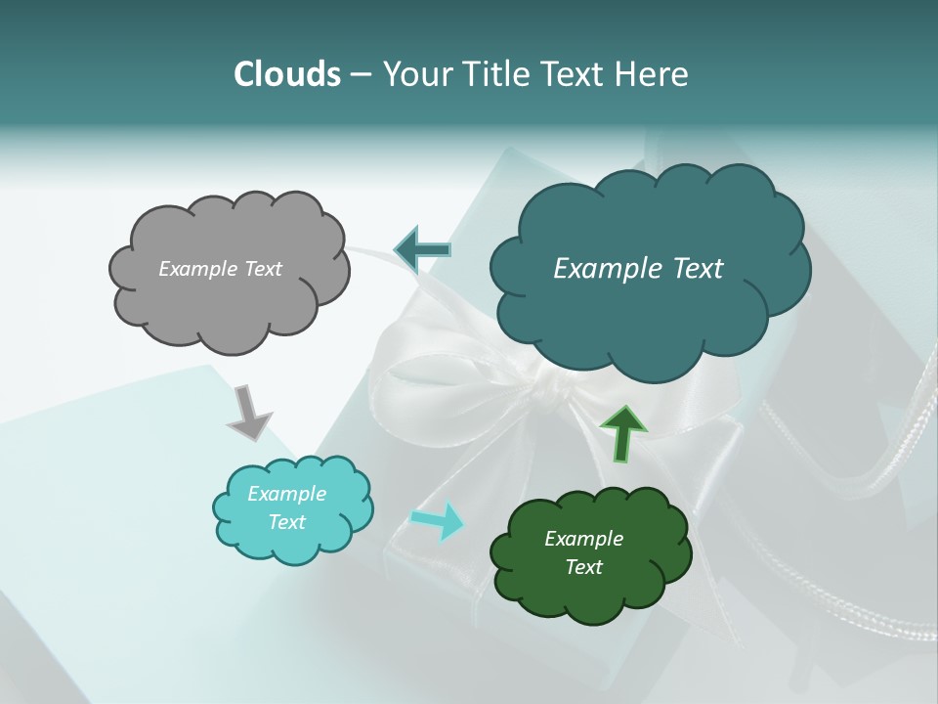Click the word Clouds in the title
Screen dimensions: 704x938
tap(286, 74)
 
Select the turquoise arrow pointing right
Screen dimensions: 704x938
tap(437, 520)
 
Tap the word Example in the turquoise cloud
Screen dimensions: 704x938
tap(286, 494)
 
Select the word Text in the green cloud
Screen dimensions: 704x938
tap(583, 567)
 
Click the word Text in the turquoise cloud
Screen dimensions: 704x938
tap(286, 522)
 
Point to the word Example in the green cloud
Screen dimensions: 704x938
tap(583, 539)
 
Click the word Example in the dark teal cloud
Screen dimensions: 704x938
tap(603, 269)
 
